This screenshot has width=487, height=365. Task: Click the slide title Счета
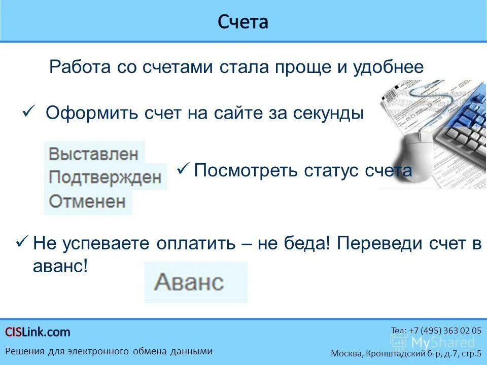[x=243, y=22]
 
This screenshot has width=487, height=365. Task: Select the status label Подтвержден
[x=105, y=177]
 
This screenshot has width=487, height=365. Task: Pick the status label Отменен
[x=87, y=201]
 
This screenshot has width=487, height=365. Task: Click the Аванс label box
[x=195, y=282]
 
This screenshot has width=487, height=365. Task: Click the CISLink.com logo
[x=38, y=332]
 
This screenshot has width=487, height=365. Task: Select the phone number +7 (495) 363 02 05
[x=436, y=330]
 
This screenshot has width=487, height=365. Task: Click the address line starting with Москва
[x=406, y=353]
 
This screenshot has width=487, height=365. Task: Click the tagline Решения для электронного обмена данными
[x=109, y=351]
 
